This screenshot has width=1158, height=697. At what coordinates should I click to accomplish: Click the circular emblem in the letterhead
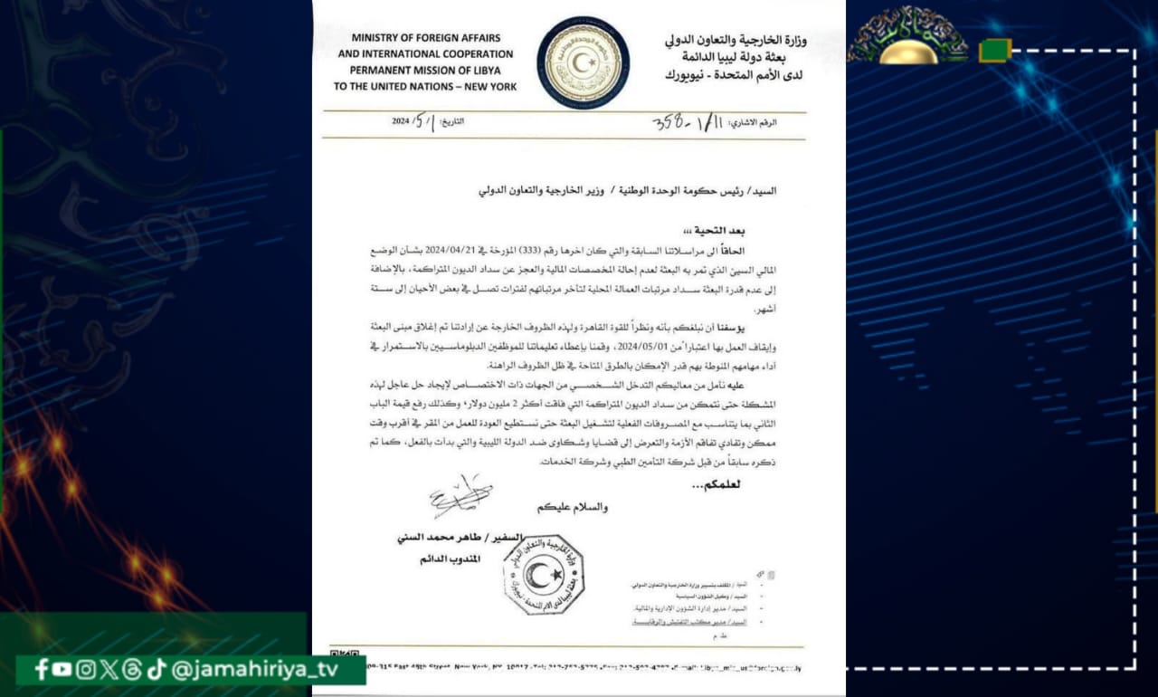click(x=584, y=62)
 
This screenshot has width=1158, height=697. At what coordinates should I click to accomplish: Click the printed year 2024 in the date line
click(x=401, y=122)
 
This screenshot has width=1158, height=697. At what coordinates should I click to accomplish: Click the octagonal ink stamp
click(x=543, y=573)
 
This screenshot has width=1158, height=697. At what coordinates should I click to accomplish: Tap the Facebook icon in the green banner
click(x=41, y=669)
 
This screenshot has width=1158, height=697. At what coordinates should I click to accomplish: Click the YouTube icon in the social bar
click(x=62, y=669)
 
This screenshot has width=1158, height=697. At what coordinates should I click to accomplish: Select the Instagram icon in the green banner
click(x=86, y=669)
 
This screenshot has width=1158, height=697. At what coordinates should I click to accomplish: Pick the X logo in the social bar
click(x=109, y=669)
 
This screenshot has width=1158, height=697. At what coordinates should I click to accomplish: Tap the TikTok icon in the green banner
click(x=157, y=669)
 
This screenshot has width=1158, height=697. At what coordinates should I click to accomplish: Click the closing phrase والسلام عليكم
click(x=572, y=507)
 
